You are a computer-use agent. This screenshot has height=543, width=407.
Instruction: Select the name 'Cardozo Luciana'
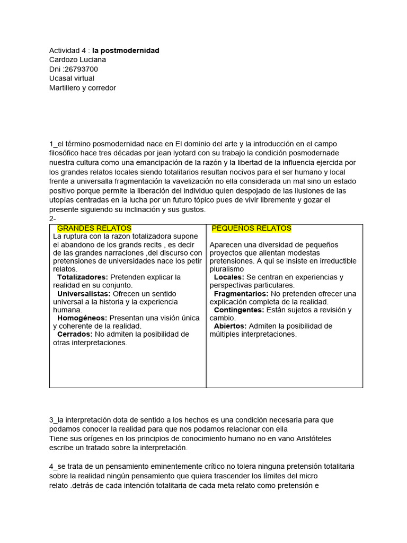click(77, 60)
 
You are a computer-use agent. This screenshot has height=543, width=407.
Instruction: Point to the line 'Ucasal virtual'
click(72, 78)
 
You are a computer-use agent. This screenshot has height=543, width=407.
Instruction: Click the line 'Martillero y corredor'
click(82, 87)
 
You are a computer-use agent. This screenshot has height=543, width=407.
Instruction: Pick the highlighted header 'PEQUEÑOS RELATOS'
click(251, 228)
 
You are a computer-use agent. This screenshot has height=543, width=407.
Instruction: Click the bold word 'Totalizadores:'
click(82, 277)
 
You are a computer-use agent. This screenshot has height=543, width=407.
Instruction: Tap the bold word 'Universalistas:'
click(84, 293)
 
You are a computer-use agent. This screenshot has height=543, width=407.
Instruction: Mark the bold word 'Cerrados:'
click(75, 334)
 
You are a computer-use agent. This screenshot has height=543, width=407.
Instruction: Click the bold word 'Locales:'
click(229, 277)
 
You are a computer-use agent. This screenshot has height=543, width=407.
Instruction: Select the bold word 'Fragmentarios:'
click(241, 293)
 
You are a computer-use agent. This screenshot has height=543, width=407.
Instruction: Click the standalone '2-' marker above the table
click(52, 218)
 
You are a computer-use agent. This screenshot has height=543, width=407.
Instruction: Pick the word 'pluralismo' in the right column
click(227, 269)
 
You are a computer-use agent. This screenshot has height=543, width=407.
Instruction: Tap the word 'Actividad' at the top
click(65, 50)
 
